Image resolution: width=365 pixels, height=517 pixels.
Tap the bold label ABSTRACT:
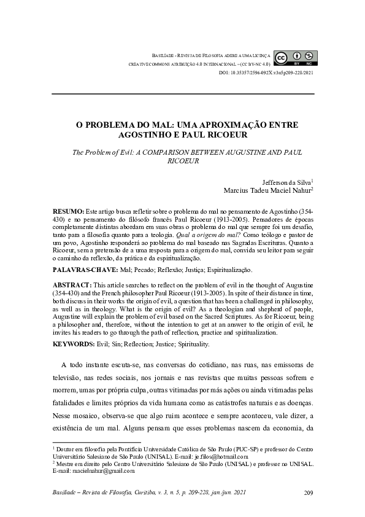coord(71,286)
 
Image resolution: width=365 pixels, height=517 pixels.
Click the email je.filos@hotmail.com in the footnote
coord(221,457)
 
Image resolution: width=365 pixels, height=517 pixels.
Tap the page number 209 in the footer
coord(309,494)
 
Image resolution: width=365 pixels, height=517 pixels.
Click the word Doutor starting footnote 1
coord(66,450)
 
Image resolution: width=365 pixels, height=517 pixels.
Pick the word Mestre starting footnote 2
coord(66,464)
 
